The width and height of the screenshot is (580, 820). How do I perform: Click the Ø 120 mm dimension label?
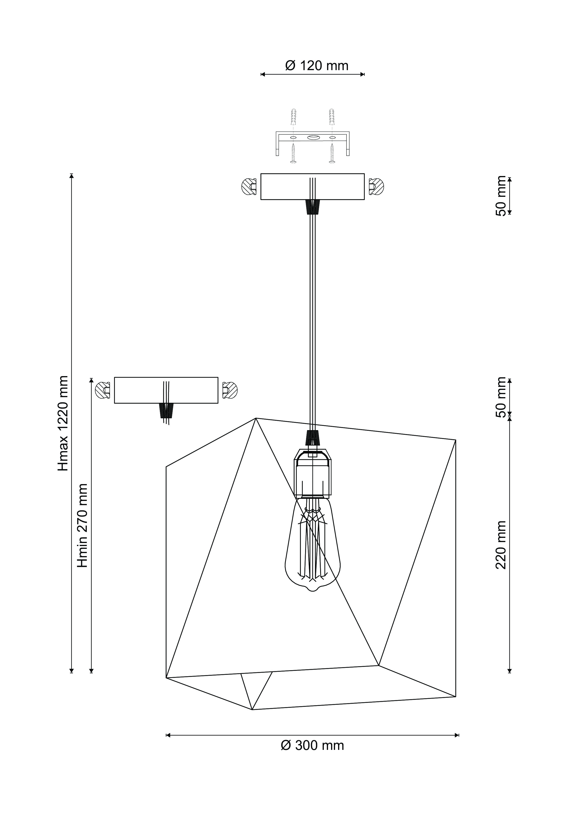pyautogui.click(x=317, y=66)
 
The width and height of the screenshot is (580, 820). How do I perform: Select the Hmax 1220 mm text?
pyautogui.click(x=63, y=423)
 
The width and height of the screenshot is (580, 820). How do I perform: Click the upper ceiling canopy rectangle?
pyautogui.click(x=312, y=187)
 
